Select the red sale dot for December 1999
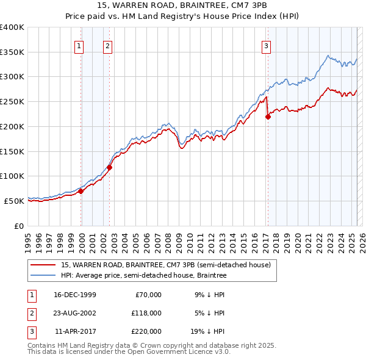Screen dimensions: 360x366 (81, 191)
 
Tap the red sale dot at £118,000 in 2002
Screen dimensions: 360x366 (110, 167)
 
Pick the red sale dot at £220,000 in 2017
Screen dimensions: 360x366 (268, 117)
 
